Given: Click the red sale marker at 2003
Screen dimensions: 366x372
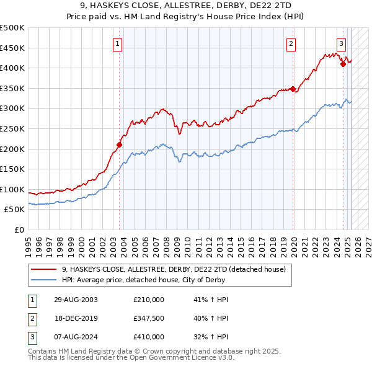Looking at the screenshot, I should [x=120, y=145].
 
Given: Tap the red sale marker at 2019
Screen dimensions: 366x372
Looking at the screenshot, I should [x=293, y=89].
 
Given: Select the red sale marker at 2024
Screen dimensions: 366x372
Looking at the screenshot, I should [x=343, y=63].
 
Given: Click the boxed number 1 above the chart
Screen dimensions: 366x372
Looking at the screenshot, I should [x=117, y=43].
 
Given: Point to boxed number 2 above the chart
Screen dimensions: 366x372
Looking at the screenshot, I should [x=291, y=43].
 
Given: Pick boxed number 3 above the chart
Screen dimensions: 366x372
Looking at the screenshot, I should [x=341, y=43].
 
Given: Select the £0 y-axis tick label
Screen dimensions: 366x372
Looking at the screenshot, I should [x=19, y=230].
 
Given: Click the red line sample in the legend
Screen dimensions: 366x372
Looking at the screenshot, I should [x=44, y=269].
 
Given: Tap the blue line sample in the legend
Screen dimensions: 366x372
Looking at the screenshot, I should [x=44, y=280].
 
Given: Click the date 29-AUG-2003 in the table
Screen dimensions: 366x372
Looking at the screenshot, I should [x=76, y=299].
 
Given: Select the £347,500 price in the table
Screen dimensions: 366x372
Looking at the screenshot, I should [x=149, y=318].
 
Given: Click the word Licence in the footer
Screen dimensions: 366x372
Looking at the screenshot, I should [x=203, y=358].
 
